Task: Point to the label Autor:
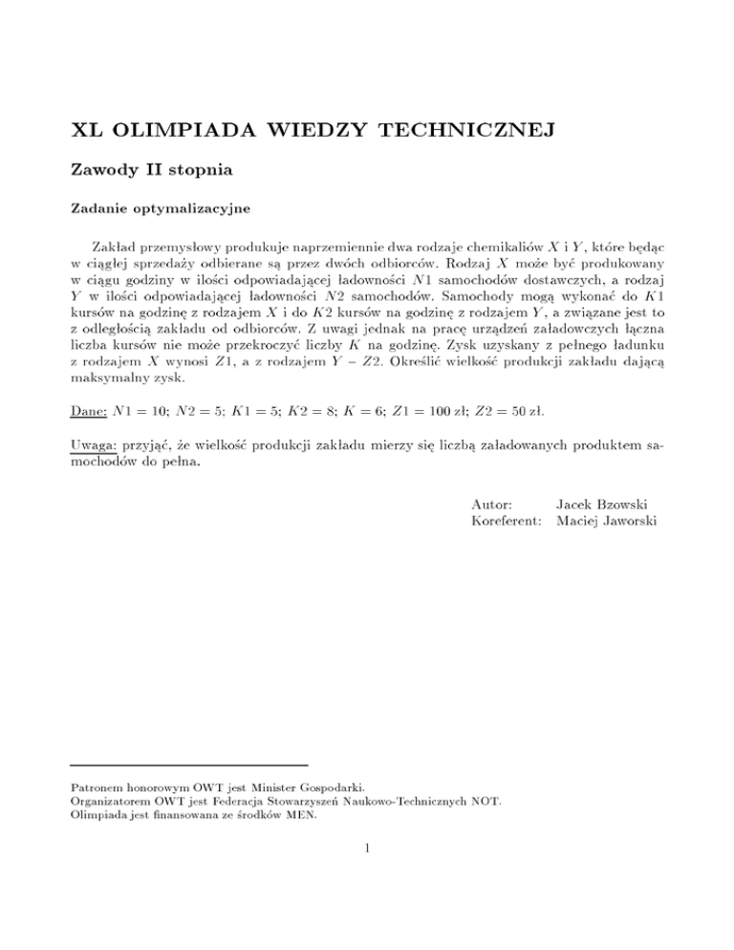[493, 503]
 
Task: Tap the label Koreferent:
[507, 520]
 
